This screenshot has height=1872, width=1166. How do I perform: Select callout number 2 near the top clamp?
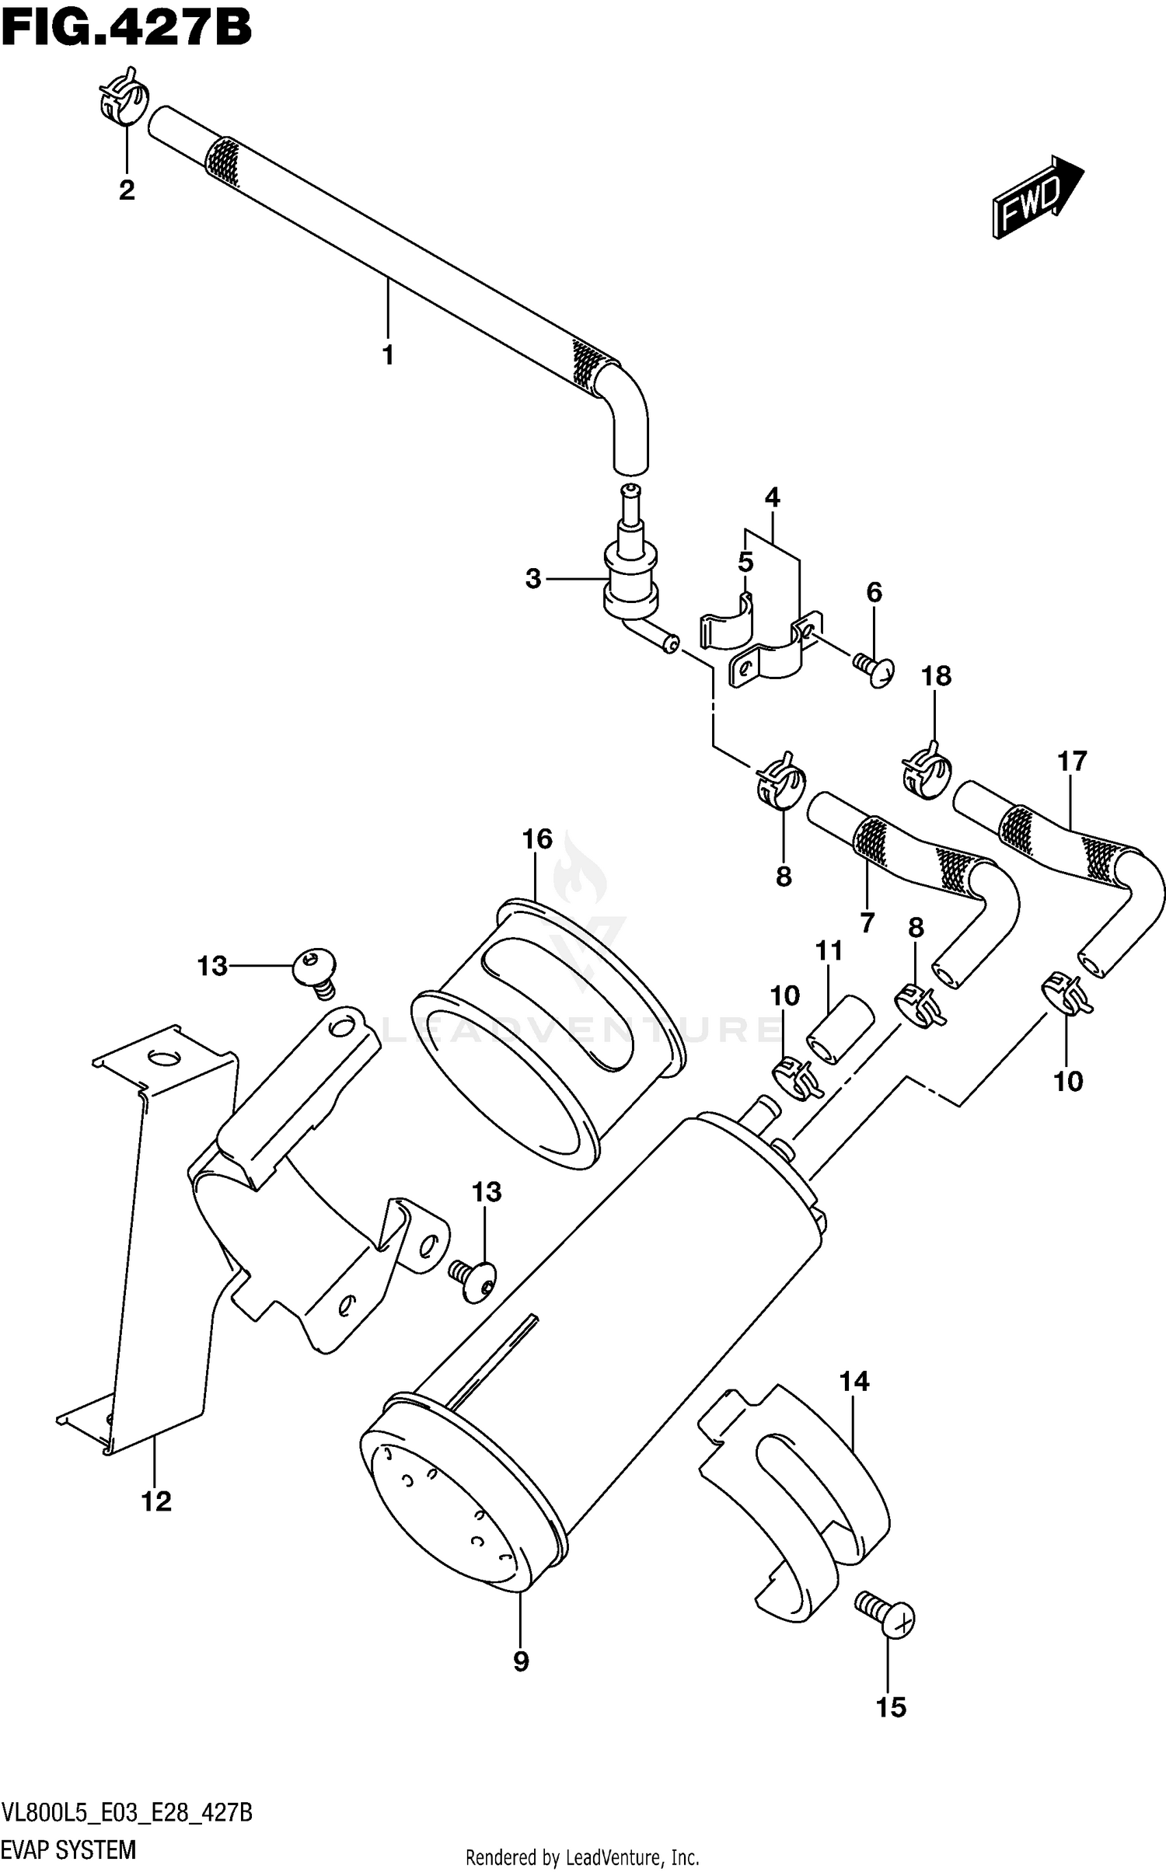[x=127, y=190]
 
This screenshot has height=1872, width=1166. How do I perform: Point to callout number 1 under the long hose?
[x=388, y=355]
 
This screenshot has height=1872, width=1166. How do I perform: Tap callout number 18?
[x=936, y=676]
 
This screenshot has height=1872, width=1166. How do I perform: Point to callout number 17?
[x=1071, y=761]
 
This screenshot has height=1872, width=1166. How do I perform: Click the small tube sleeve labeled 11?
[x=840, y=1029]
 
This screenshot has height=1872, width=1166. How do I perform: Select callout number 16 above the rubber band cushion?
[x=537, y=839]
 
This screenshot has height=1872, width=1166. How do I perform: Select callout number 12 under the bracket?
[x=156, y=1501]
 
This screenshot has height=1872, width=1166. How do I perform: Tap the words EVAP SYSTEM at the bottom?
[x=68, y=1849]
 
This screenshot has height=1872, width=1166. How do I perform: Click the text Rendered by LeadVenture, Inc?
[x=581, y=1858]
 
